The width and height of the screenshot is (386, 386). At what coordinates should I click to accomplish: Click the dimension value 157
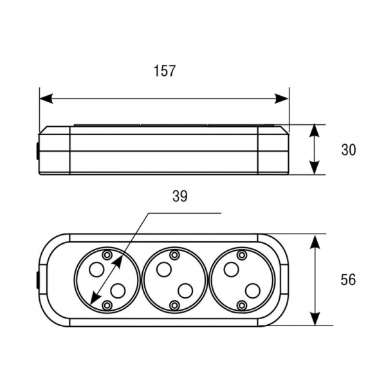165,71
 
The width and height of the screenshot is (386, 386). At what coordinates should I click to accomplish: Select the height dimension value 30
348,150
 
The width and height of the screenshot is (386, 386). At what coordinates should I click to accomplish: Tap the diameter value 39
180,196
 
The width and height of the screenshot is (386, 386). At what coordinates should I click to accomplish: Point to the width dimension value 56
348,280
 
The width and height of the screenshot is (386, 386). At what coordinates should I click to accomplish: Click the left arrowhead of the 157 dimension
46,98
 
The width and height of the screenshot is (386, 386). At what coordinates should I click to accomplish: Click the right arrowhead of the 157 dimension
282,98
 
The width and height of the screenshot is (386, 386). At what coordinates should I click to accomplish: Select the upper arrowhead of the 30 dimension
315,131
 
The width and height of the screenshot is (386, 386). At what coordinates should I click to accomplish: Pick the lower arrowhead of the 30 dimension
315,168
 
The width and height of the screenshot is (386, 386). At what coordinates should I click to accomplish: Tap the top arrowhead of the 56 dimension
315,241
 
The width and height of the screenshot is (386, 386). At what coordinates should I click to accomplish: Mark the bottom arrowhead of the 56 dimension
315,318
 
